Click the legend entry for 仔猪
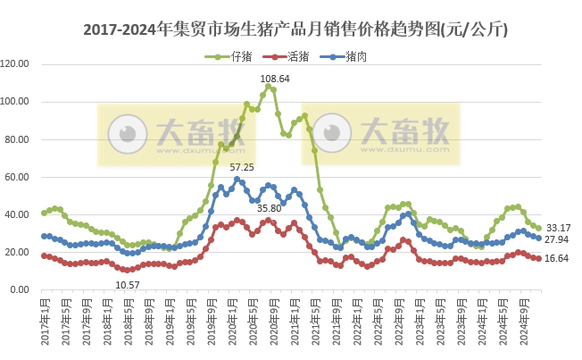point(240,57)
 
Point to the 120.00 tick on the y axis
point(18,64)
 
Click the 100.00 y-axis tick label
point(18,102)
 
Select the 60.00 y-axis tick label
point(20,177)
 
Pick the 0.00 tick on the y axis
point(22,290)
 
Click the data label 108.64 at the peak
point(275,80)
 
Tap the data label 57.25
point(242,167)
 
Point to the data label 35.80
point(269,208)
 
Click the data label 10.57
point(129,285)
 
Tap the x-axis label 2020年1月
point(237,319)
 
